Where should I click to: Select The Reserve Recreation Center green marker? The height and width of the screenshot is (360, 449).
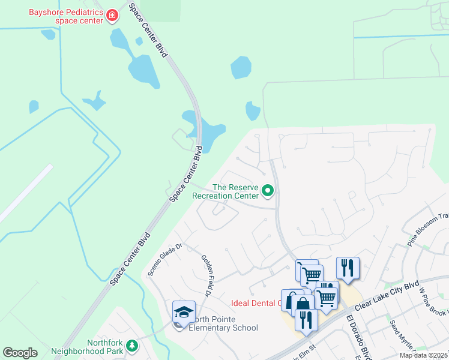click(268, 191)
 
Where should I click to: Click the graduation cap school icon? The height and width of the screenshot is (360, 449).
click(184, 312)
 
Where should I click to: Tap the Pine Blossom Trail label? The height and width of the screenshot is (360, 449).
click(428, 230)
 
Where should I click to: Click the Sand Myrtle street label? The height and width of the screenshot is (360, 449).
click(399, 336)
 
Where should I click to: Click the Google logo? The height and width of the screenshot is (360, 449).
click(20, 352)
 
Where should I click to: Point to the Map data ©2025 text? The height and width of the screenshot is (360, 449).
click(423, 355)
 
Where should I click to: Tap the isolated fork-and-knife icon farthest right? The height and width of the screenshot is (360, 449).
click(348, 268)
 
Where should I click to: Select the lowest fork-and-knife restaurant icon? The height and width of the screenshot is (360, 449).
click(306, 319)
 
